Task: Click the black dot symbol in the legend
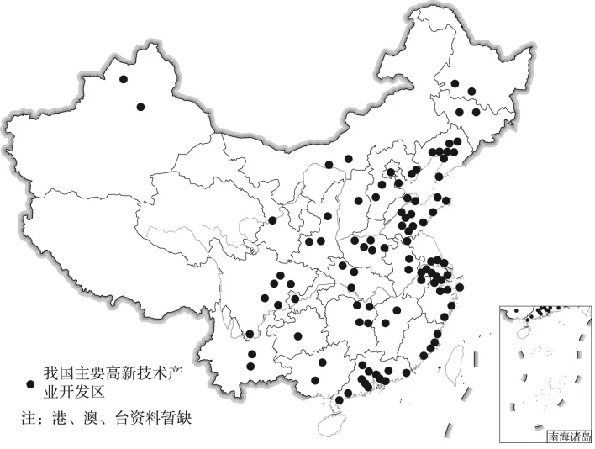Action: pos(31,383)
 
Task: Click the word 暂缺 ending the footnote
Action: pos(187,417)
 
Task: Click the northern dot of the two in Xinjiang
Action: pos(124,79)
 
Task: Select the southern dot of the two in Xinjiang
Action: pos(140,107)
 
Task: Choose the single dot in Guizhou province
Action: pos(297,336)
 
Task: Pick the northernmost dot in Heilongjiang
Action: pos(455,83)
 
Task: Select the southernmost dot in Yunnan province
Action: pos(250,366)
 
